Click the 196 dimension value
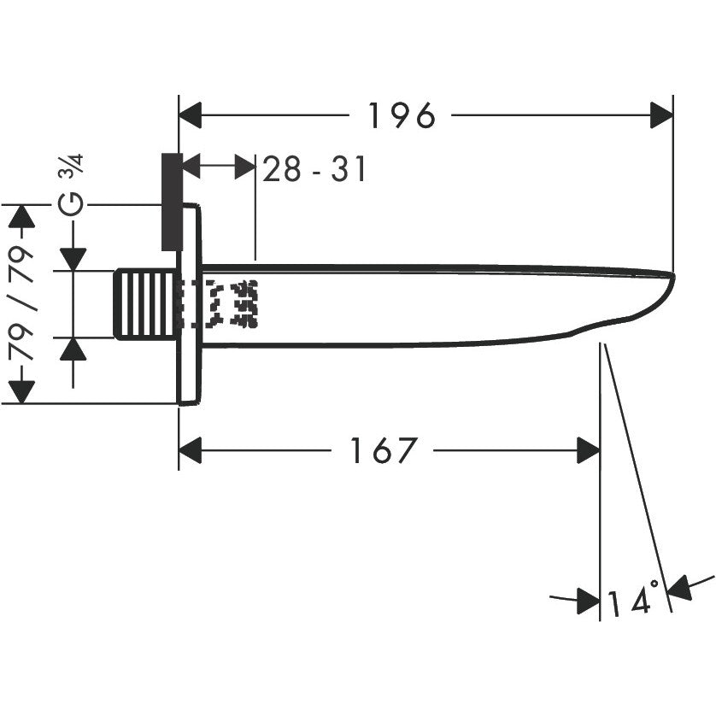pos(402,115)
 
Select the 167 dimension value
pos(384,450)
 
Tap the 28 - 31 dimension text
pos(314,170)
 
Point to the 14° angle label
pos(633,601)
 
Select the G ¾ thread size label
pos(74,186)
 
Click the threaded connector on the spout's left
pos(145,303)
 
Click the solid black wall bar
pos(171,202)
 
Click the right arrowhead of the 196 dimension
pos(661,115)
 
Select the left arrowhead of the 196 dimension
pos(191,115)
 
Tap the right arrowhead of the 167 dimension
pos(588,450)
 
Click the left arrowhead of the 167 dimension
pos(191,450)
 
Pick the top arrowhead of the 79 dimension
pos(22,217)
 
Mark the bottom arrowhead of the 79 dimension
pos(22,390)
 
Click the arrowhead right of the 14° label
pos(680,589)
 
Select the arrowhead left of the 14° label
pos(588,601)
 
